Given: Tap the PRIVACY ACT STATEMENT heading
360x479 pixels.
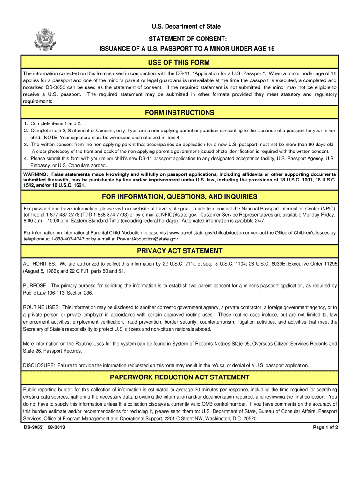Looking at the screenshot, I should [180, 251].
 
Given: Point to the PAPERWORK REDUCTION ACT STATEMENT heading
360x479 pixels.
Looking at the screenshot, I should [180, 377].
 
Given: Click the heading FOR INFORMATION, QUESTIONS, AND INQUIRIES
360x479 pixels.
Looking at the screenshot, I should [180, 197].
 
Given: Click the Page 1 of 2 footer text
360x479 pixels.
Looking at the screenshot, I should [325, 428].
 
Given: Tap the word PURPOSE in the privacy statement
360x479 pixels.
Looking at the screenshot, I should [35, 285].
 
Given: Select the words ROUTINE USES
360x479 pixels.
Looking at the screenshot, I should [41, 307].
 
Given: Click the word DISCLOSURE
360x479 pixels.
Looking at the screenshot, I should [39, 365].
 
